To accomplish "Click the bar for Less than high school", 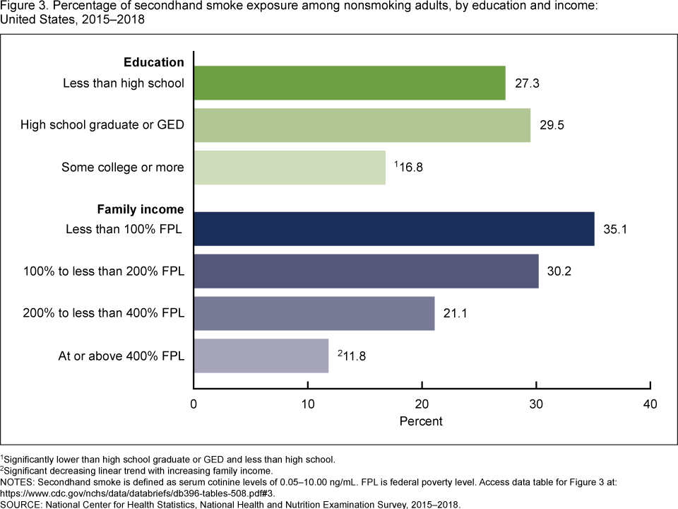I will (350, 83).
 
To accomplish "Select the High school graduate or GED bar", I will (362, 125).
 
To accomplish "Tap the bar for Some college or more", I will (290, 168).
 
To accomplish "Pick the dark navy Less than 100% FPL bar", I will (393, 229).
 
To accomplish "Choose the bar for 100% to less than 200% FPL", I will (366, 271).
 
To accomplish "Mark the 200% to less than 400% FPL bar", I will (314, 314).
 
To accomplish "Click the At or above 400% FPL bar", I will (261, 356).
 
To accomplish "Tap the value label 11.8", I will (353, 357).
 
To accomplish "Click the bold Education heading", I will (154, 62).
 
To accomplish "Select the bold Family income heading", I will (140, 209).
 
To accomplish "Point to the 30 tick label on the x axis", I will (536, 405).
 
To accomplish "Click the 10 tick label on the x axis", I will (308, 405).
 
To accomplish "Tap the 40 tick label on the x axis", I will (650, 405).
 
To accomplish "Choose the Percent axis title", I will (421, 421).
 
